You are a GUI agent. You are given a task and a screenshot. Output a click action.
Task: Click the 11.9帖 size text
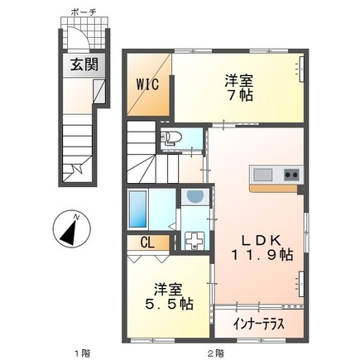click(x=262, y=257)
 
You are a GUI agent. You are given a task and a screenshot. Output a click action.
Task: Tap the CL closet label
click(x=146, y=242)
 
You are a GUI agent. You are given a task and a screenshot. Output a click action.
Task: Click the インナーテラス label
click(x=258, y=324)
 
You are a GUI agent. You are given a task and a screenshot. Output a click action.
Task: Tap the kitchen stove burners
click(x=290, y=174)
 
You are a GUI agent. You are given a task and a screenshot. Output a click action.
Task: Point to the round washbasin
click(x=194, y=196)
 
